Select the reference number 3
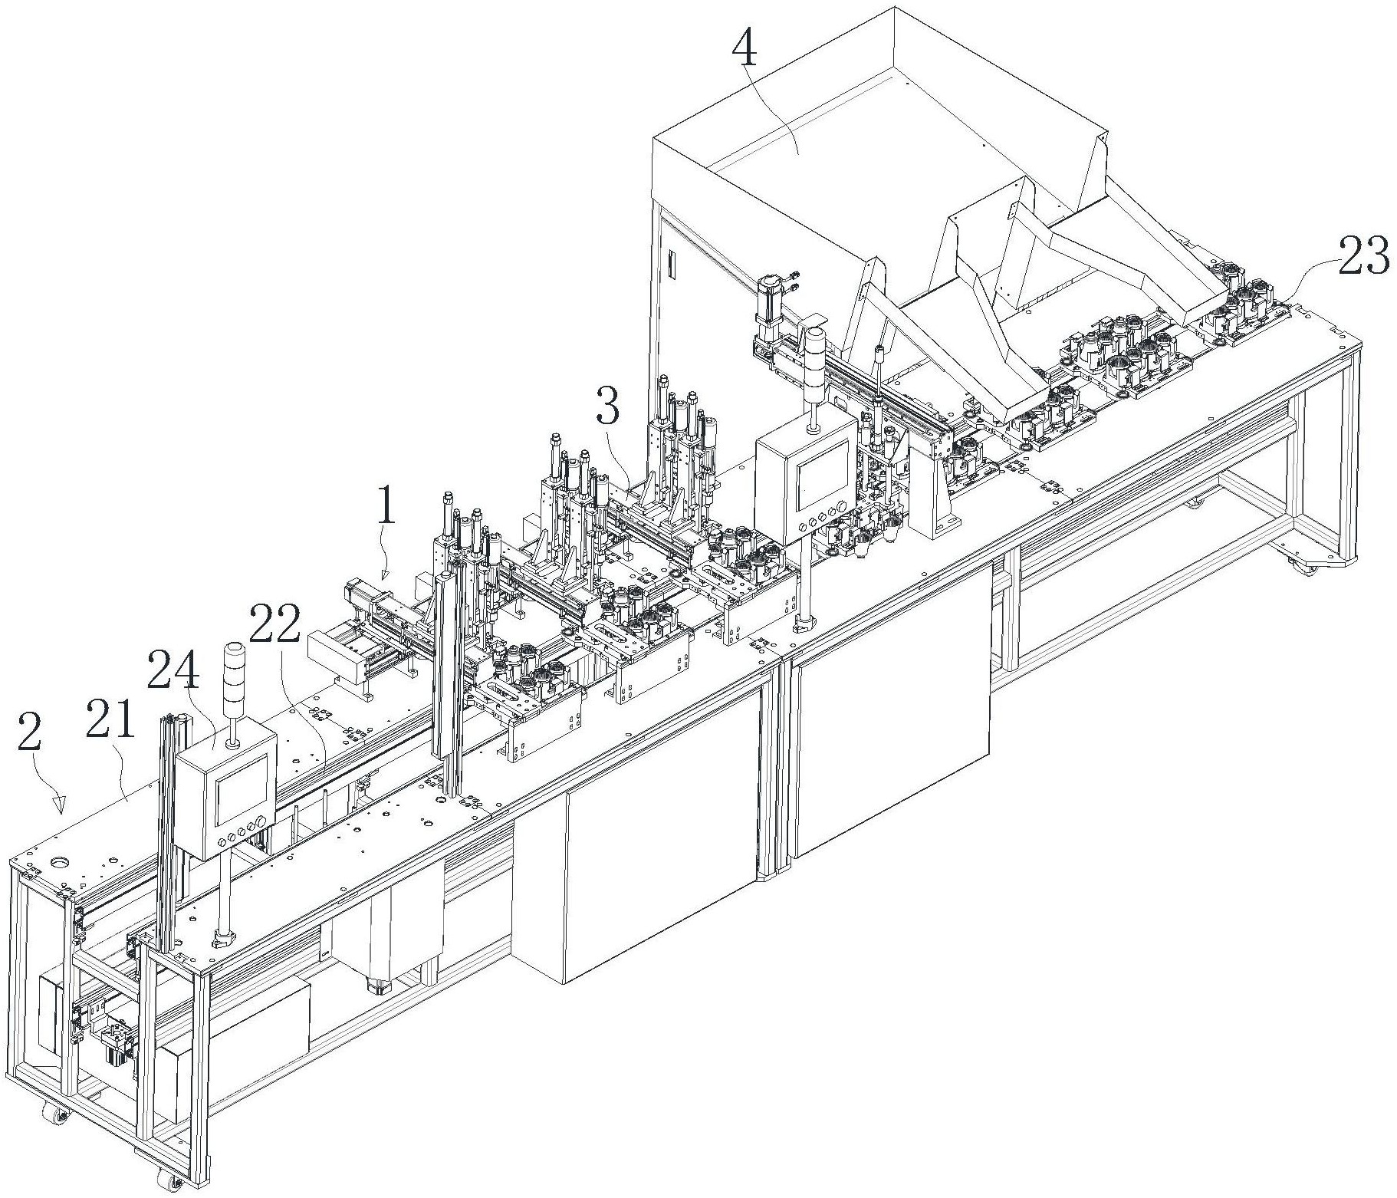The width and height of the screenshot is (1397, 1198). (x=607, y=409)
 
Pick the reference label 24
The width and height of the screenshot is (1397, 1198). (x=174, y=671)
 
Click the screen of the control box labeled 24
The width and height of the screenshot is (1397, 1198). (x=242, y=789)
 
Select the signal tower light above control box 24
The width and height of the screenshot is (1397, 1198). (x=231, y=673)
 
